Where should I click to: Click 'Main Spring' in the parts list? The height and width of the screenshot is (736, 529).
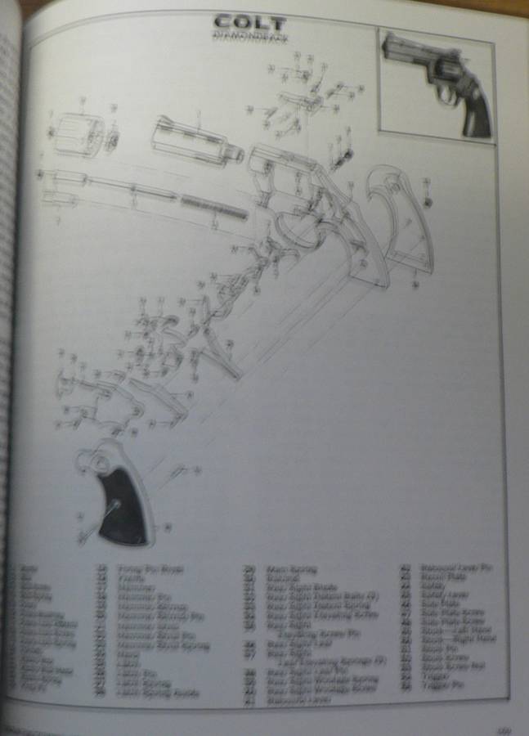coord(291,570)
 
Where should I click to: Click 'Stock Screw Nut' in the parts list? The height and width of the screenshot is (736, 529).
coord(451,662)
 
